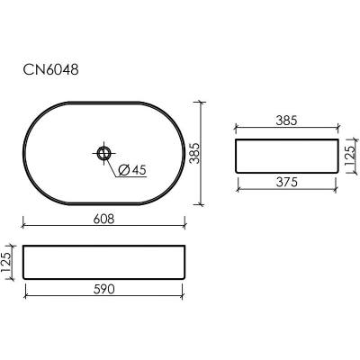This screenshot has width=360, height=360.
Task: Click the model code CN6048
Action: pyautogui.click(x=51, y=70)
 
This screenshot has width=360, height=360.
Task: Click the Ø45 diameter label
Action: pyautogui.click(x=132, y=170)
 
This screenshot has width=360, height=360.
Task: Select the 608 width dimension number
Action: pyautogui.click(x=103, y=219)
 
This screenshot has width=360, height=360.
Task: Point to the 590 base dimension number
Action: pyautogui.click(x=103, y=289)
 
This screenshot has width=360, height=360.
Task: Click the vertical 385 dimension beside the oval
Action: pyautogui.click(x=195, y=153)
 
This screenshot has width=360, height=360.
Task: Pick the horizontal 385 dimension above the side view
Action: pyautogui.click(x=286, y=121)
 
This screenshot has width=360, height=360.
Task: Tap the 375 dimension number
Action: pyautogui.click(x=287, y=182)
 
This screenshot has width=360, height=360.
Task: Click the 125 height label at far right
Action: pyautogui.click(x=349, y=156)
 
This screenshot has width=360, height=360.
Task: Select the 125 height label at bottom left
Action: pyautogui.click(x=6, y=262)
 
